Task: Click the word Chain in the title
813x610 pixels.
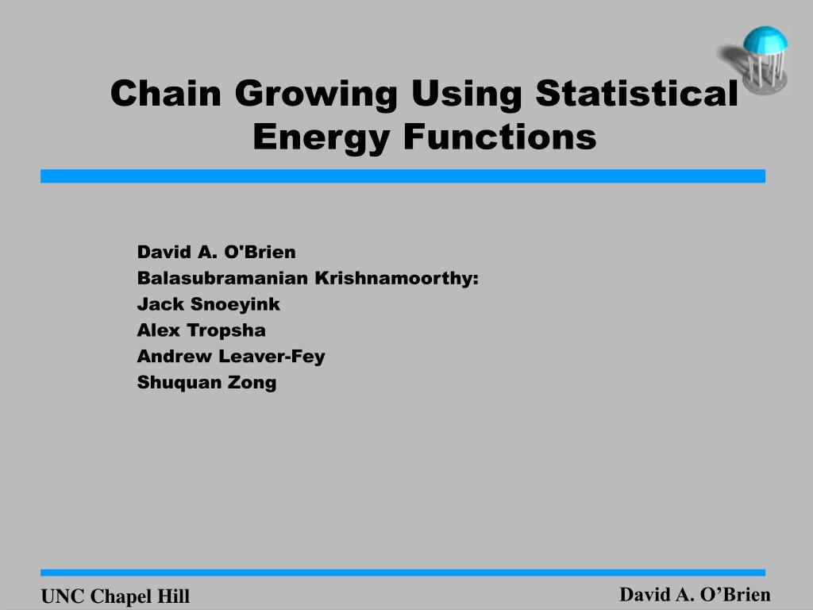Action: (x=166, y=94)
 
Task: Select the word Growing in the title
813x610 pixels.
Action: (x=316, y=95)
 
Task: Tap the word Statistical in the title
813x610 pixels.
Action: (x=637, y=94)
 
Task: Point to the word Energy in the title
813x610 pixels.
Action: (x=321, y=138)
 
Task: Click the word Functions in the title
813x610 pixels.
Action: (x=500, y=137)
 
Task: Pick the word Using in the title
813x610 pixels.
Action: (x=466, y=95)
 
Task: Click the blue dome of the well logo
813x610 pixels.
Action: (x=765, y=40)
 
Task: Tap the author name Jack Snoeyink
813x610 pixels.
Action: (x=209, y=304)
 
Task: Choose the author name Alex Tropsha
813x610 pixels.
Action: (x=201, y=330)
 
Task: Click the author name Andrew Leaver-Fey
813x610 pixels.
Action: (x=231, y=357)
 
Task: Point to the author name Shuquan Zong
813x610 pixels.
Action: (x=206, y=383)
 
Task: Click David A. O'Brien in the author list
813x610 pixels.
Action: (x=216, y=252)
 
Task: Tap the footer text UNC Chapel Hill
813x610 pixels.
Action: (x=115, y=596)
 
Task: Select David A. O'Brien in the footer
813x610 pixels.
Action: (x=695, y=594)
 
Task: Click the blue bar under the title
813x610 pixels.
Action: (x=403, y=176)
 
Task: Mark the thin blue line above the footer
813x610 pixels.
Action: (x=403, y=573)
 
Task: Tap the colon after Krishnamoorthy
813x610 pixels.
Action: (x=476, y=280)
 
